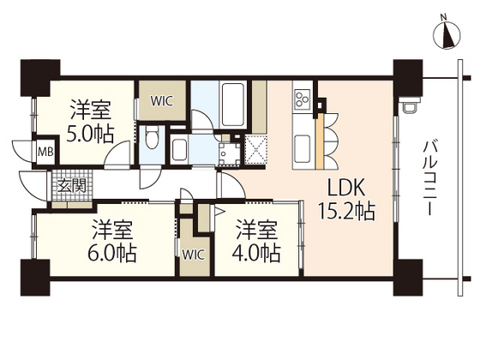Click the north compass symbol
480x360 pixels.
[447, 34]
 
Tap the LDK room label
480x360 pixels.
[346, 188]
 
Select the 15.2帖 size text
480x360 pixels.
[346, 211]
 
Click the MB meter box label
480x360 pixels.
[46, 152]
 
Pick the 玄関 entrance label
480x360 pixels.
[72, 185]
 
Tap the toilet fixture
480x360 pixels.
[152, 137]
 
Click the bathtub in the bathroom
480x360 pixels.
[233, 104]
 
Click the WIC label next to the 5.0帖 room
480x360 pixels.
[162, 101]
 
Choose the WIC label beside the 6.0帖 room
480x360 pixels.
[193, 255]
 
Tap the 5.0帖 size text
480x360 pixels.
[90, 134]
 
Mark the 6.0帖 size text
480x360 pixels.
[112, 253]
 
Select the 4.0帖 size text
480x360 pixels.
[256, 253]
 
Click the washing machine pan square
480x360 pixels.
[230, 154]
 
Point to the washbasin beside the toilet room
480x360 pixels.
[179, 150]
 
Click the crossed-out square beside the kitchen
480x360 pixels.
[256, 150]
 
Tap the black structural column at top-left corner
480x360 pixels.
[39, 77]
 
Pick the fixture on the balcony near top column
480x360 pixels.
[411, 105]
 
